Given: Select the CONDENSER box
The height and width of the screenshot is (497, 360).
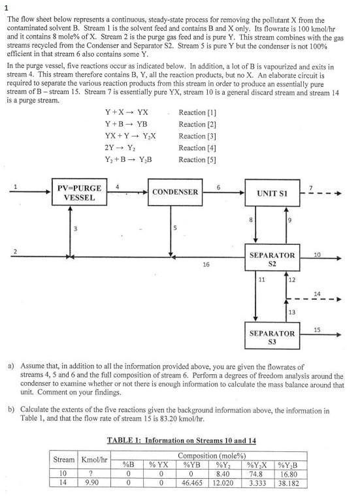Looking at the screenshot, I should pyautogui.click(x=174, y=193).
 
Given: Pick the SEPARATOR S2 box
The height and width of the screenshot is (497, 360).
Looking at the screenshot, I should pyautogui.click(x=272, y=259).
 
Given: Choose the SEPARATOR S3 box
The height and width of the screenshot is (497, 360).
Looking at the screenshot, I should pyautogui.click(x=272, y=337).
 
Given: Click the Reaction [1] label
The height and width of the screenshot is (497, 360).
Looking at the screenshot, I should pyautogui.click(x=197, y=112).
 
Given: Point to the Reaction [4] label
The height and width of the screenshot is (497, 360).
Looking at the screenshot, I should pyautogui.click(x=197, y=148).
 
